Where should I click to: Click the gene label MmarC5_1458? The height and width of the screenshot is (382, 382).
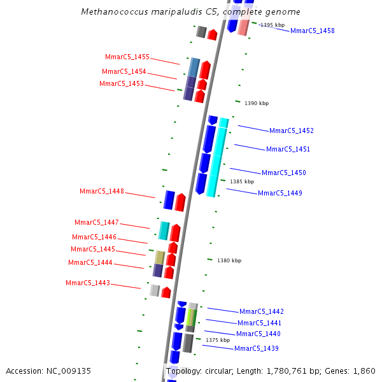point(312,31)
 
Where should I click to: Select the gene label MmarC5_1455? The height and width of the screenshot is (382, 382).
point(127,57)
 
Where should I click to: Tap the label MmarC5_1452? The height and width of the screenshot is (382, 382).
point(291,131)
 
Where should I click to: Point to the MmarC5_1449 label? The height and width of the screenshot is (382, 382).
point(279,193)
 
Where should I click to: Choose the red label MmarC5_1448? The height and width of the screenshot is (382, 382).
point(102,191)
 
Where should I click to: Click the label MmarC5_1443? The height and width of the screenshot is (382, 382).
point(88,283)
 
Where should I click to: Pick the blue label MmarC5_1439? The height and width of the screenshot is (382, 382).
point(256,348)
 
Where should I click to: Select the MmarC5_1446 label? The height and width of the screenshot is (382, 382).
point(94,237)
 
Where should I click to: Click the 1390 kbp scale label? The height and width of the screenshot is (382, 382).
point(257,103)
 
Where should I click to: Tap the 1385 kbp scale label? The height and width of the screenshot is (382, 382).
point(242,181)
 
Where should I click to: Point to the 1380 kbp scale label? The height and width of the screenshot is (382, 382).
point(229,260)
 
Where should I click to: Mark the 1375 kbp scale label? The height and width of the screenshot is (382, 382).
point(218,340)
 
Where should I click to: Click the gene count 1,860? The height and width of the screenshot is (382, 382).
point(364,371)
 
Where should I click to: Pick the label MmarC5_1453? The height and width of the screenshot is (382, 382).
point(122,83)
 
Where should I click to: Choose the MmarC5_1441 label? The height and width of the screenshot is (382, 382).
point(259,323)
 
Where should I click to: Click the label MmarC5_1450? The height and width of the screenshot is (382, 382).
point(283,173)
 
